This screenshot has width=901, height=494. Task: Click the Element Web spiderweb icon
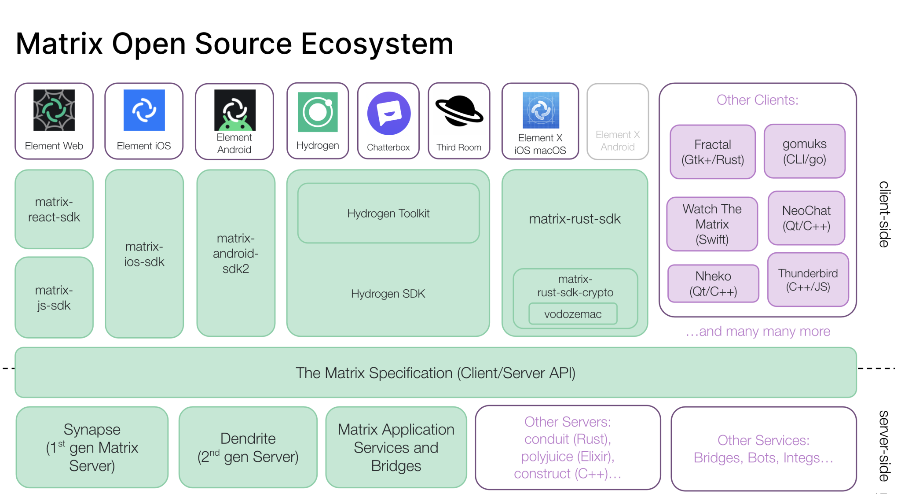click(54, 110)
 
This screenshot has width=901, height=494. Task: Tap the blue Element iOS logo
click(144, 110)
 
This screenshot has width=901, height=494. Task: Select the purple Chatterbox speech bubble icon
click(389, 113)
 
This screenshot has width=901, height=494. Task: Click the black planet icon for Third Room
click(459, 111)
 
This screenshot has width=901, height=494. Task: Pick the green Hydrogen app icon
click(318, 112)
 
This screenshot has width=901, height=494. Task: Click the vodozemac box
click(573, 314)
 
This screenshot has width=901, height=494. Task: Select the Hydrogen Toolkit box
click(388, 214)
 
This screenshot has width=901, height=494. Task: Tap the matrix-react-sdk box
click(54, 210)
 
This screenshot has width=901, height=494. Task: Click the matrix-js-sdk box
click(54, 298)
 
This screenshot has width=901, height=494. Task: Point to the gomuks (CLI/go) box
click(805, 151)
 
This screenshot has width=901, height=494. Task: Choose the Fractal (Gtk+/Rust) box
click(713, 152)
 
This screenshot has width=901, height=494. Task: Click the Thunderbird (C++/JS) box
click(808, 280)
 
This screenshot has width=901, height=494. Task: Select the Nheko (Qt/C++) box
click(713, 284)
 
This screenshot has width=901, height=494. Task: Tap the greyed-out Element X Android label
click(618, 141)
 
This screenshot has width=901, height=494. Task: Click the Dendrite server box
click(248, 447)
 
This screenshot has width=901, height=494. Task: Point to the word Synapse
click(92, 429)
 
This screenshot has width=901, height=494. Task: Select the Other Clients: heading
click(757, 100)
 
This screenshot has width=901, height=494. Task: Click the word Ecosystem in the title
click(377, 44)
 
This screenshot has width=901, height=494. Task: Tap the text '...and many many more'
click(758, 331)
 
